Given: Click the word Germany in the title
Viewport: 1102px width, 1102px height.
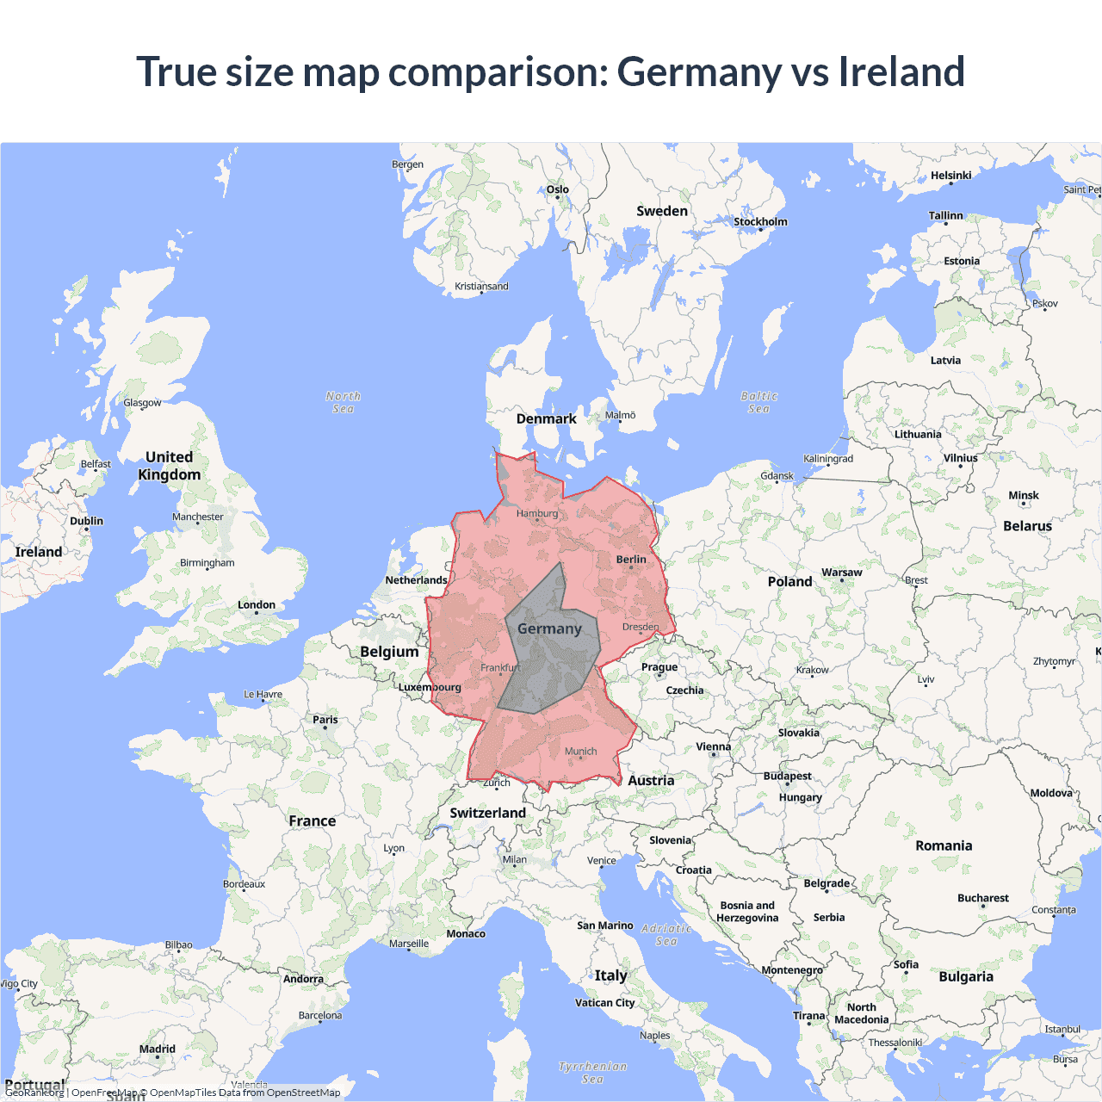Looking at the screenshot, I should click(x=698, y=72).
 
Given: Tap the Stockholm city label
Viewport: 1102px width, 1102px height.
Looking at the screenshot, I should click(x=760, y=222).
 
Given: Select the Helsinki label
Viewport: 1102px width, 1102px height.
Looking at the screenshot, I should click(x=950, y=176).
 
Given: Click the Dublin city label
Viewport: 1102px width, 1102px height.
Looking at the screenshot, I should click(x=86, y=521).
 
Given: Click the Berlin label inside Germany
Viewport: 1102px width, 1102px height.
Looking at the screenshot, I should click(x=631, y=560).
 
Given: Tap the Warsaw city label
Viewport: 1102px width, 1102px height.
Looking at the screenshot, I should click(x=841, y=573).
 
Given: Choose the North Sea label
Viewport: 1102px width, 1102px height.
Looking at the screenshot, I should click(x=343, y=402).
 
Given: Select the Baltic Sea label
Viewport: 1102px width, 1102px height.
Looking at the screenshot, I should click(x=758, y=402).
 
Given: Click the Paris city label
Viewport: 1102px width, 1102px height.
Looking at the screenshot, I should click(x=325, y=720).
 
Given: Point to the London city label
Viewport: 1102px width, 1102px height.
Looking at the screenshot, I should click(x=257, y=605).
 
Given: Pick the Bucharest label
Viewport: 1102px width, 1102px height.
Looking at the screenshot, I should click(x=982, y=898).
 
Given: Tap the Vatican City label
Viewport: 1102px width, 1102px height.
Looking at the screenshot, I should click(x=604, y=1003).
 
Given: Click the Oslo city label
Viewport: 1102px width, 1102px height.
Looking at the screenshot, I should click(x=557, y=189).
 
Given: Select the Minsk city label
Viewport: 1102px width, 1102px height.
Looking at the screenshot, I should click(x=1024, y=496).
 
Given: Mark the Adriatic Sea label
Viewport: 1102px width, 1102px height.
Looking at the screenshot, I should click(x=666, y=934).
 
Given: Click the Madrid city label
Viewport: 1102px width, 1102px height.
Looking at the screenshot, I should click(x=158, y=1049).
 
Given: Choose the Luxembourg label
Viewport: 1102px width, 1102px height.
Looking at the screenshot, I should click(x=430, y=688).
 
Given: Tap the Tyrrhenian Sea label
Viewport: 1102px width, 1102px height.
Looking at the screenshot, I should click(x=592, y=1072).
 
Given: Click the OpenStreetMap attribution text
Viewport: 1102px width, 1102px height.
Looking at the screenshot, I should click(x=303, y=1093).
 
